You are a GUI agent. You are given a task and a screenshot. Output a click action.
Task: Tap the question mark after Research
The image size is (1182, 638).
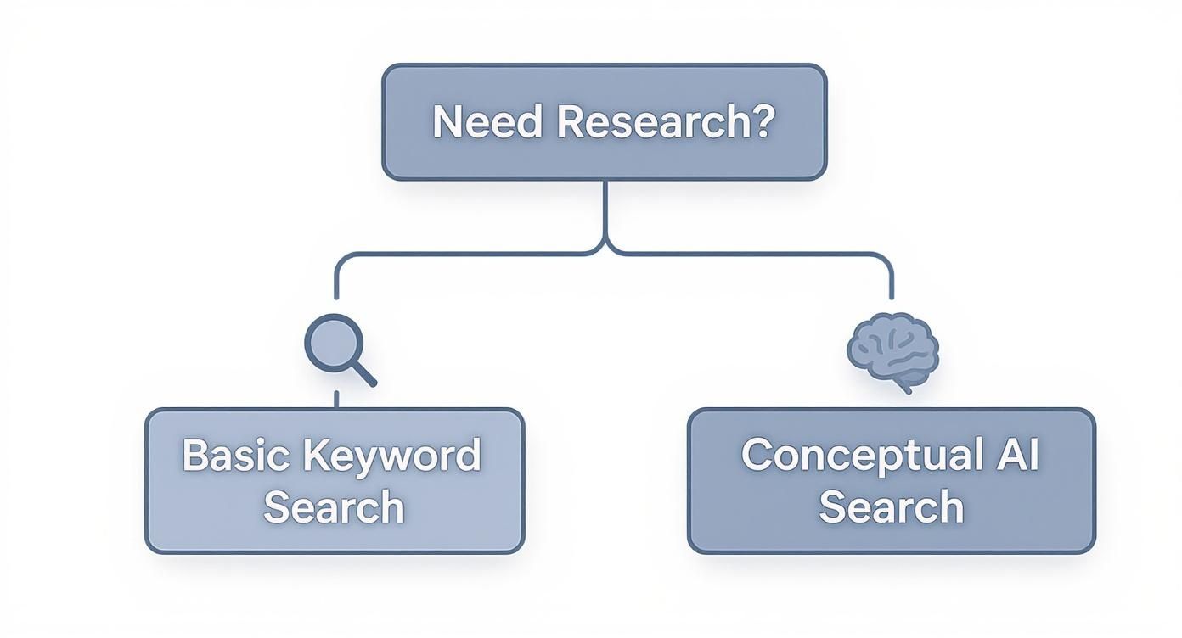pos(763,122)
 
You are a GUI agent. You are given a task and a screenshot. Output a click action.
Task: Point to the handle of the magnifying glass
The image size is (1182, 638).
pos(363,374)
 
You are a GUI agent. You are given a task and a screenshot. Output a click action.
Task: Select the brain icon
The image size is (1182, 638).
pos(892,350)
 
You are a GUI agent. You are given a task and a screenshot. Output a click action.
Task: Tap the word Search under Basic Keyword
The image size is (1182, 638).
pos(334,506)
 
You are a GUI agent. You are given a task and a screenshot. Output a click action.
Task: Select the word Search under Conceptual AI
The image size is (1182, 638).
pos(892,506)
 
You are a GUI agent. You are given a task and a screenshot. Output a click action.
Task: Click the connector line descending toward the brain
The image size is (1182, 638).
pos(891,280)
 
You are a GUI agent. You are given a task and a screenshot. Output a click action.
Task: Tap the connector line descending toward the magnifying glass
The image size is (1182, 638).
pos(336,280)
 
